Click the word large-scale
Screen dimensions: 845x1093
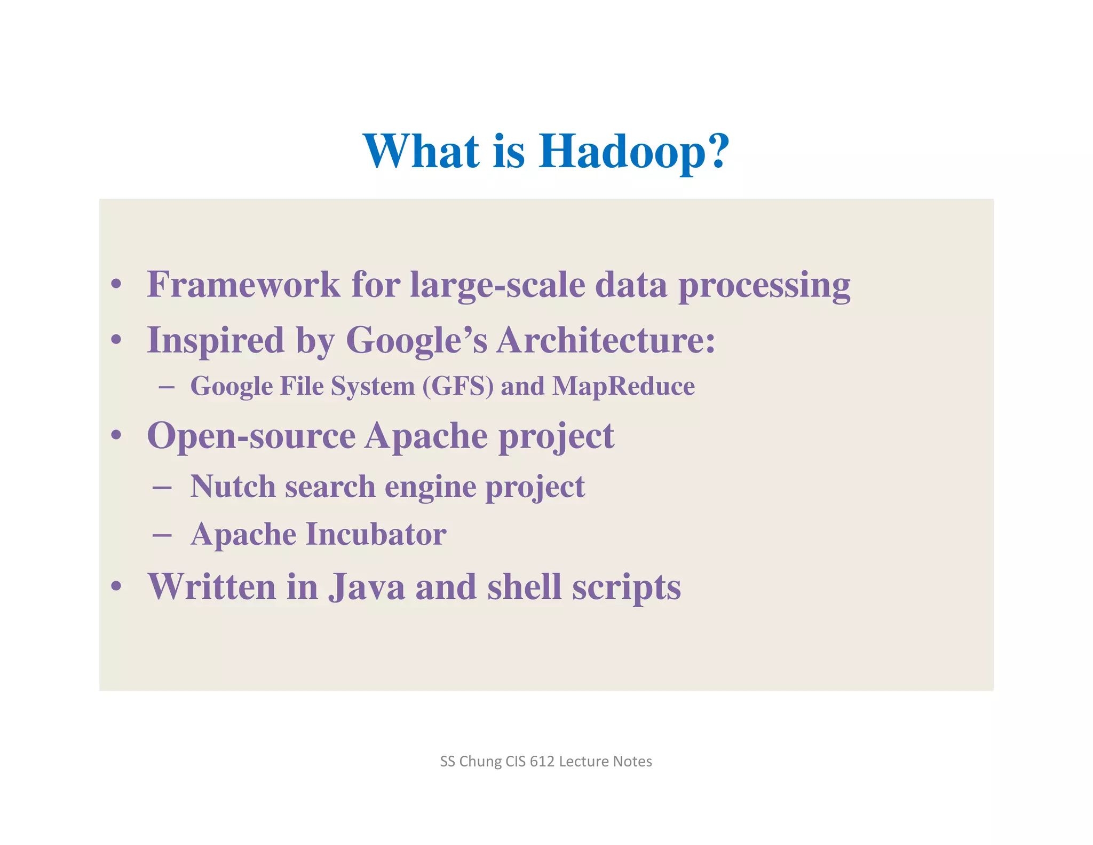pos(497,285)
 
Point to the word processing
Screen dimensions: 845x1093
pos(764,285)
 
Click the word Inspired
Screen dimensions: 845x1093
pos(216,341)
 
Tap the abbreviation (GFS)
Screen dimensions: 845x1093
pos(458,386)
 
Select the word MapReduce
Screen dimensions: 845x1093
pos(623,386)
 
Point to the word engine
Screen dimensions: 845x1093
pos(430,488)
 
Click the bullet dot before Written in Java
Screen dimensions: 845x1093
pos(116,586)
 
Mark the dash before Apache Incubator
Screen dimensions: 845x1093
pos(161,534)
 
